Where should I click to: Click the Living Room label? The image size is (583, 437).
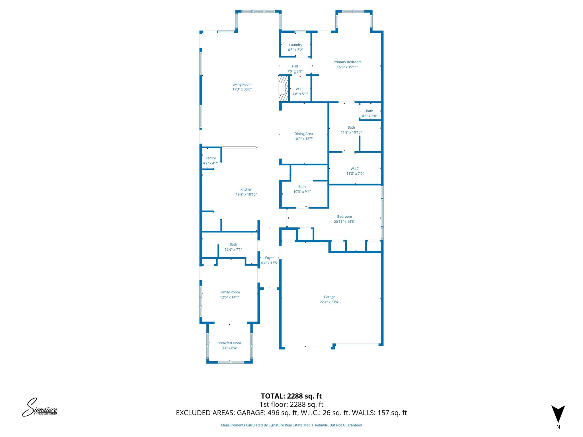242,84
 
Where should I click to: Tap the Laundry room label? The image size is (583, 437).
295,45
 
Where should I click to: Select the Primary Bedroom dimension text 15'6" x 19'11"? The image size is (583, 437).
347,67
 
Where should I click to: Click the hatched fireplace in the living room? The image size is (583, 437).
284,88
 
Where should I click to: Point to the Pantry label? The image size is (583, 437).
210,158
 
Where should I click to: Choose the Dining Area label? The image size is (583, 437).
303,134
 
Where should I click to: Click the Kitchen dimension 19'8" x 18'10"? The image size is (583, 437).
246,195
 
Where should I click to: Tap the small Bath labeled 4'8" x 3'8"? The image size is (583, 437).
369,113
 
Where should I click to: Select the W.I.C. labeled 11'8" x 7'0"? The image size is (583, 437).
355,171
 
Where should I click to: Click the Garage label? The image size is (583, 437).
329,297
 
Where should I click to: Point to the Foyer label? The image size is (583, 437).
269,258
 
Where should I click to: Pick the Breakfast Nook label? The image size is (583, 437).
229,343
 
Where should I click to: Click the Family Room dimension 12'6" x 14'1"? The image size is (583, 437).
229,297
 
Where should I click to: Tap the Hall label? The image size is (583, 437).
295,66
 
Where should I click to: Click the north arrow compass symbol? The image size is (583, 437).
558,414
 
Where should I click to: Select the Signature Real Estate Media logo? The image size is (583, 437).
40,407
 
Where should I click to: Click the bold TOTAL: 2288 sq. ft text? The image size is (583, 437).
291,396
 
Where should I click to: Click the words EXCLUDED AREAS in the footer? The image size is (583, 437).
205,413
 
